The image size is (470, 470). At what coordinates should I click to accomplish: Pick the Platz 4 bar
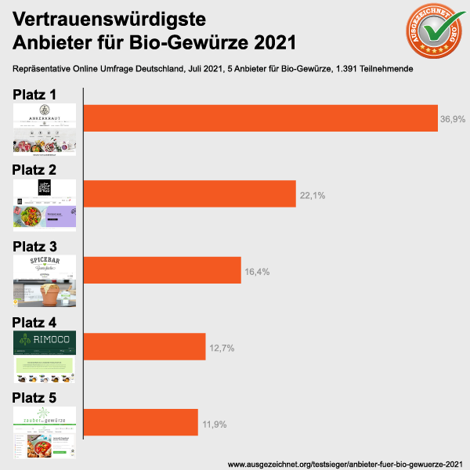coord(144,345)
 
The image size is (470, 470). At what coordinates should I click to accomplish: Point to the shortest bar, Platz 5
coord(140,421)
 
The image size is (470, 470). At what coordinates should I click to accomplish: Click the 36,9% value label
coord(453,120)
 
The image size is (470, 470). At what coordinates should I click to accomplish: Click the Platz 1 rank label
coord(45,95)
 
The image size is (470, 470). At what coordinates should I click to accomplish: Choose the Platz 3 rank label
coord(45,247)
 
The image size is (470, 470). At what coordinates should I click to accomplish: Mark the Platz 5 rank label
coord(45,399)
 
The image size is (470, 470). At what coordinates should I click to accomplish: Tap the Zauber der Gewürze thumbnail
coord(45,433)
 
